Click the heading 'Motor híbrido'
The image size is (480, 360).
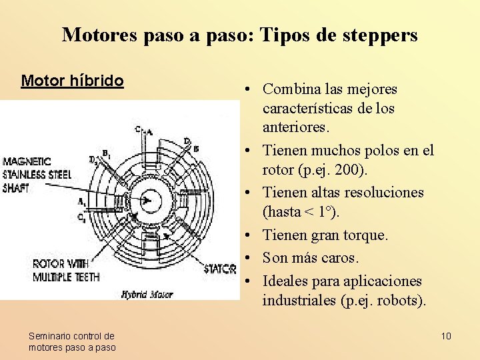click(72, 81)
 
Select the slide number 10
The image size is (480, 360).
click(446, 335)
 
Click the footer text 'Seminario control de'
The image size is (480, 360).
click(71, 336)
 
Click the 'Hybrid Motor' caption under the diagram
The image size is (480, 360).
click(147, 294)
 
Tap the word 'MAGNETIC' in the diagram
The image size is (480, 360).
click(27, 161)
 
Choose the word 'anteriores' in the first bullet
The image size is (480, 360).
click(294, 127)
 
